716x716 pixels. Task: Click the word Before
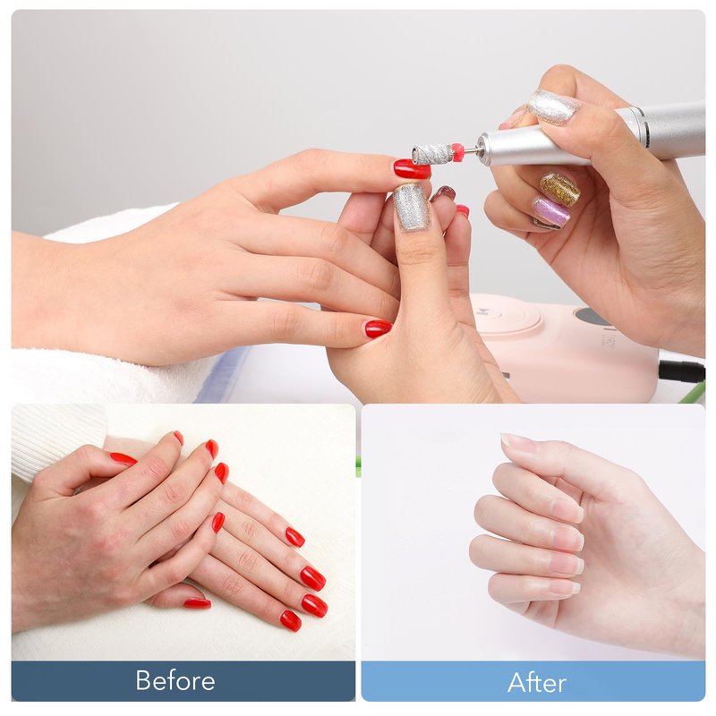coord(175,680)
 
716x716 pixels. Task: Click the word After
coord(536,683)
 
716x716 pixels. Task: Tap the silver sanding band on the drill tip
coord(430,153)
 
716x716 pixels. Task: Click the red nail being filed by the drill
coord(412,168)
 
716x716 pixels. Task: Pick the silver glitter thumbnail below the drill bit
coord(412,207)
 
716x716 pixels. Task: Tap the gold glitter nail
coord(559,188)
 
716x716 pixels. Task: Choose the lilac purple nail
coord(551,211)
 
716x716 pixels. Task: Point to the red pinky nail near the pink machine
coord(378,328)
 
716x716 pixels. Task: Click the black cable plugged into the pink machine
coord(681,371)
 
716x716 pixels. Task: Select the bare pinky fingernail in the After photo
coord(567,586)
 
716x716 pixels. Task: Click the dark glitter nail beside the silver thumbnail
coord(444,193)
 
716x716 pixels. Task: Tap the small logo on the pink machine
coord(482,312)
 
